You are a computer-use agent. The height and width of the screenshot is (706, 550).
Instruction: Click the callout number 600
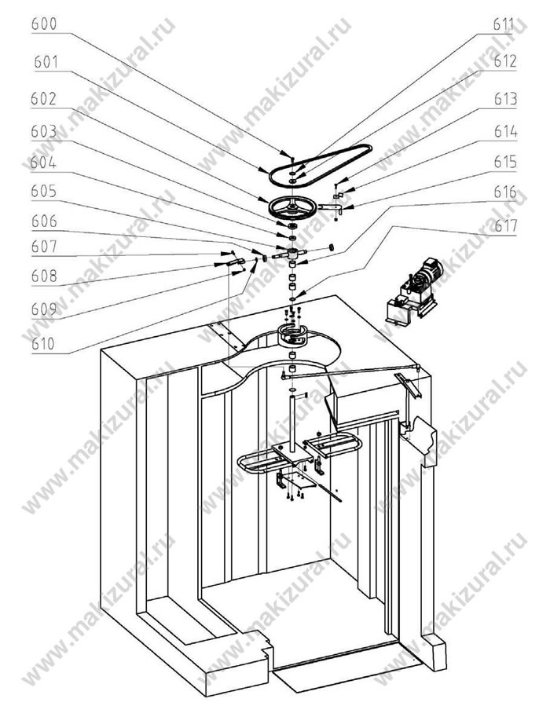(x=44, y=24)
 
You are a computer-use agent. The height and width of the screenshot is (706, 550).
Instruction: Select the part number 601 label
(x=46, y=62)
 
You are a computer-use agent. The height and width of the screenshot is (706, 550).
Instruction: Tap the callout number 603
(x=44, y=131)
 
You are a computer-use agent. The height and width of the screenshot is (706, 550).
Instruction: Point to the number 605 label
(x=44, y=192)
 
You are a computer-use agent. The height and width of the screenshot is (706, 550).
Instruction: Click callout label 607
(x=44, y=247)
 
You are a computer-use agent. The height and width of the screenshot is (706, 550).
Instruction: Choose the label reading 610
(x=43, y=344)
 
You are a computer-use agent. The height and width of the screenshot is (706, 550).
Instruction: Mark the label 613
(x=505, y=99)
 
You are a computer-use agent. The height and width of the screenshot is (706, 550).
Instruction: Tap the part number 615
(x=505, y=162)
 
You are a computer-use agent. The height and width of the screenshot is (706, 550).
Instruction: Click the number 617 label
(x=506, y=225)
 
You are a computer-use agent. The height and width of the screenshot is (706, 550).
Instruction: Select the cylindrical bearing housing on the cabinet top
(x=291, y=335)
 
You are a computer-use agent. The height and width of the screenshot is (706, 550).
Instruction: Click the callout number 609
(x=44, y=309)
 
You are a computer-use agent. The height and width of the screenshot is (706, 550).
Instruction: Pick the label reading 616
(x=505, y=192)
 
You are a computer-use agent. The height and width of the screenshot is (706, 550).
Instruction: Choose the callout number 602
(x=44, y=99)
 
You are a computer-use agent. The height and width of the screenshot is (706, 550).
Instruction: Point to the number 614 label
(x=505, y=131)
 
